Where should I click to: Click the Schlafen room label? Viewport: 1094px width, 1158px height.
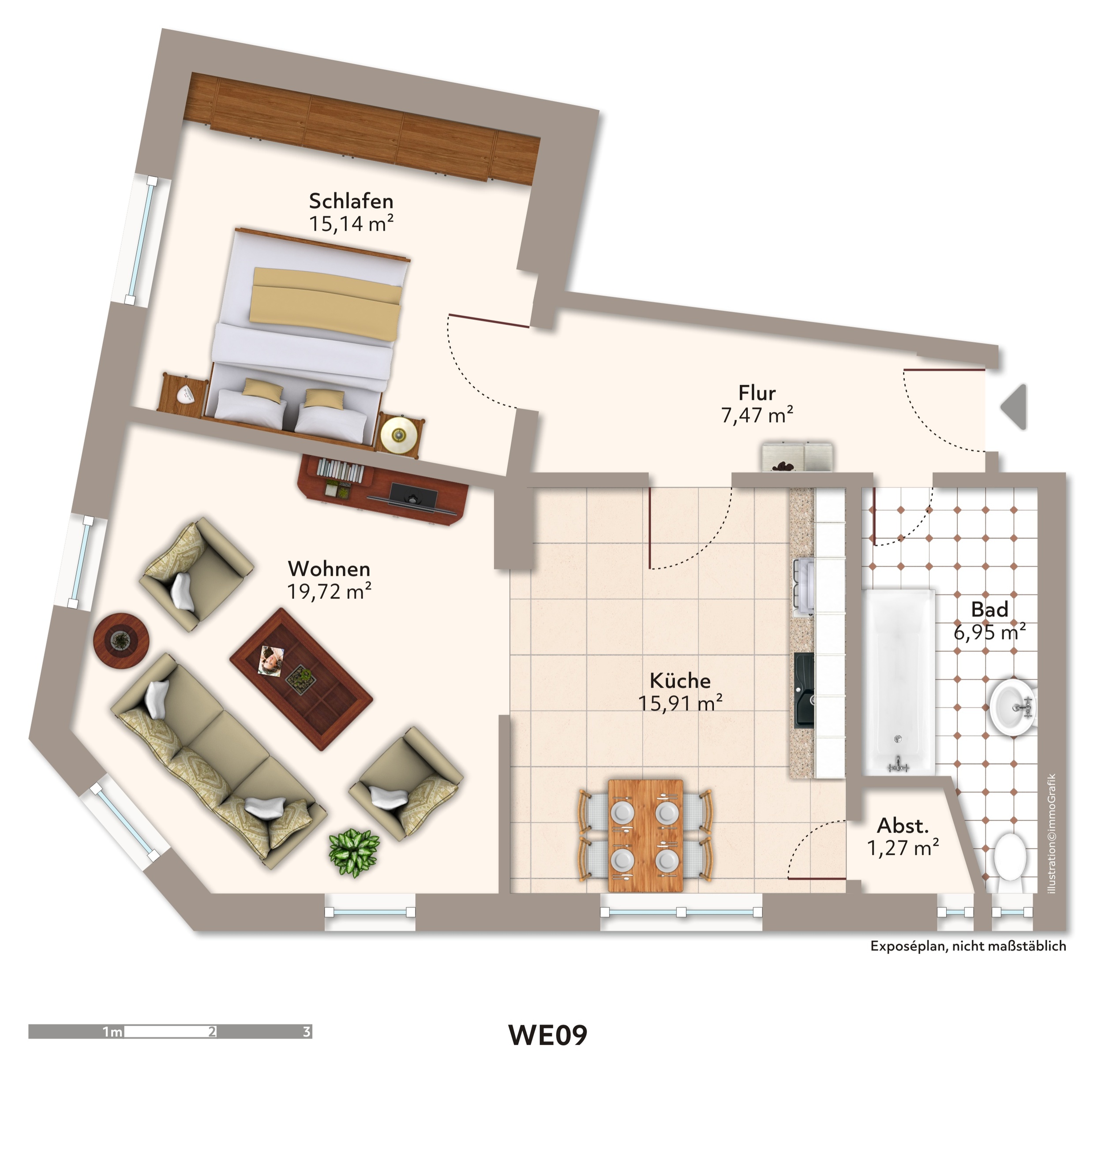click(351, 201)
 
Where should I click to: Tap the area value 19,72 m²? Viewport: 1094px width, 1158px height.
click(330, 592)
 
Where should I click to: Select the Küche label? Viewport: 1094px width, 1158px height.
click(680, 680)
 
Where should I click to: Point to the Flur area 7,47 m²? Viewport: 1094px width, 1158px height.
click(757, 415)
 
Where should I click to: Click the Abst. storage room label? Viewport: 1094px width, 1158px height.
click(903, 826)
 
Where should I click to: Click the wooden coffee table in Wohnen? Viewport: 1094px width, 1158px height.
click(301, 678)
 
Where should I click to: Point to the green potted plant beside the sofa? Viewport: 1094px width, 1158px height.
click(354, 852)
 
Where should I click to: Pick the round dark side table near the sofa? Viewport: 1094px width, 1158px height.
click(121, 641)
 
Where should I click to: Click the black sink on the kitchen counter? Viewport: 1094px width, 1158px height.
click(804, 690)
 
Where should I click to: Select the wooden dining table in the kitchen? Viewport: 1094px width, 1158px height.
click(645, 836)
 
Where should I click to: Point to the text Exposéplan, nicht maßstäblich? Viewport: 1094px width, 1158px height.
click(968, 946)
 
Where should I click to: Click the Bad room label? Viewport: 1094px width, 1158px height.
click(989, 609)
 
